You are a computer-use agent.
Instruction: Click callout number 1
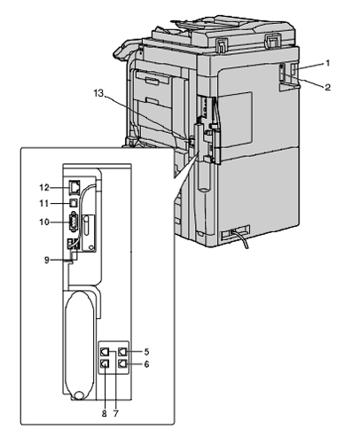[327, 63]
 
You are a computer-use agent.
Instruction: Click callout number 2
[327, 87]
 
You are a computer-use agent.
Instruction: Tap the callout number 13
[98, 93]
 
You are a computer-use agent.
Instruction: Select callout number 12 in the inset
[44, 188]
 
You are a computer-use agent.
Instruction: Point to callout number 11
[44, 204]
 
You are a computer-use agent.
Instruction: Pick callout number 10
[44, 222]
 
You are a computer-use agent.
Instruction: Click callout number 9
[47, 261]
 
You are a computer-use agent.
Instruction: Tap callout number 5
[146, 352]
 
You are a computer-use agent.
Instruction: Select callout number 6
[146, 364]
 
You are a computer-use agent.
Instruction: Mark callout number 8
[104, 414]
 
